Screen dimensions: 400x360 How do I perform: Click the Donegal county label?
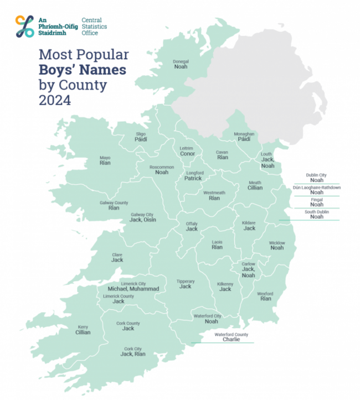coord(181,61)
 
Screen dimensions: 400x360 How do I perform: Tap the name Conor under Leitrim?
coord(187,154)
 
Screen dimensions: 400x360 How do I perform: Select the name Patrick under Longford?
coord(193,178)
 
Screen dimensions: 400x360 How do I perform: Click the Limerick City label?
coord(133,283)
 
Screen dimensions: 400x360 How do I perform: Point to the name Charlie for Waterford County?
coord(231,340)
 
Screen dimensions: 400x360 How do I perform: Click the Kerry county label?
coord(83,326)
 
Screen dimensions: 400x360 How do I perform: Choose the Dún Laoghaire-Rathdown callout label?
coord(317,188)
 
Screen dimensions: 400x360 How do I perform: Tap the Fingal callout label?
coord(317,199)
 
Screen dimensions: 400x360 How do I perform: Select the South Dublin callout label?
coord(317,211)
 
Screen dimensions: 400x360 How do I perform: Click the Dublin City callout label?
coord(317,175)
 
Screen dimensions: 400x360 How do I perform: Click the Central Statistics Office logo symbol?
coord(25,26)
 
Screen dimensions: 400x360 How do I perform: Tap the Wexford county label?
coord(265,293)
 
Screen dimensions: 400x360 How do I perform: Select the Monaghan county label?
coord(244,134)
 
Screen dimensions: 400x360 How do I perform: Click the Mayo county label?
coord(105,158)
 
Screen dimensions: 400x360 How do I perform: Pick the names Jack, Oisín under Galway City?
coord(142,220)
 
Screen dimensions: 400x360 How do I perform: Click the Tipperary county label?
coord(185,281)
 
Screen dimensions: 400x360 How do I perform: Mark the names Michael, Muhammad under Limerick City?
coord(133,289)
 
